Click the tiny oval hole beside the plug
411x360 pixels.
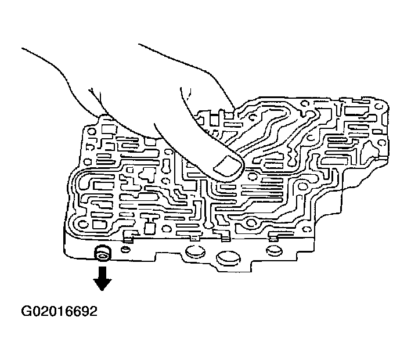(x=124, y=250)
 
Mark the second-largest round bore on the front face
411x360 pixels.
(x=192, y=251)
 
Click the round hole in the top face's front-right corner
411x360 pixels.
(x=251, y=224)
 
